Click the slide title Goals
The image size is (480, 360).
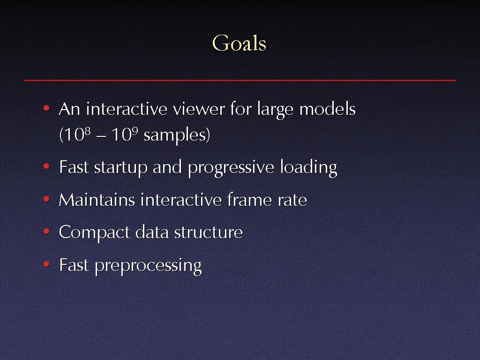239,43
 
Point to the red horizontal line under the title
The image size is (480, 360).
240,80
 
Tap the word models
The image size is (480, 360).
327,109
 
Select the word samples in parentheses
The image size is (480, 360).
177,135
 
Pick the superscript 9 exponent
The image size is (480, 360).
135,131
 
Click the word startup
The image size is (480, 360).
120,168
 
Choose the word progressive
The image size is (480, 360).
231,168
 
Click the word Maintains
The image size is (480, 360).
97,200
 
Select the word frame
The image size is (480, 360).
249,200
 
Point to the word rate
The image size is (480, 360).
292,201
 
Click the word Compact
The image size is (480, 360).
94,232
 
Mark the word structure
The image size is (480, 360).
209,232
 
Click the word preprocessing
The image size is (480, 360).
149,265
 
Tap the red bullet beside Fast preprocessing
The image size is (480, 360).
46,263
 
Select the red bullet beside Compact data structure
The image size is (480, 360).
46,231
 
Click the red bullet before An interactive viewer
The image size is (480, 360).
46,107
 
